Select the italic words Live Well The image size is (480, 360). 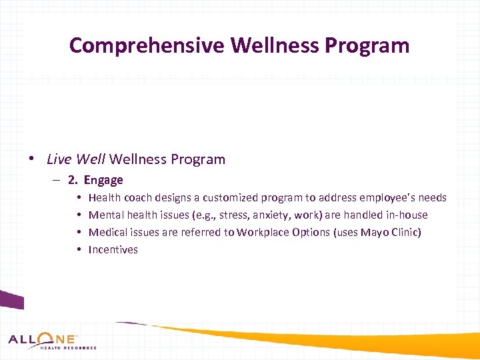coord(76,159)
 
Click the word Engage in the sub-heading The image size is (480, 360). coord(103,180)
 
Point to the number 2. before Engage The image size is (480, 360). coord(73,180)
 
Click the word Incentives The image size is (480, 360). coord(113,250)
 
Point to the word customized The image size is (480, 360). coord(232,197)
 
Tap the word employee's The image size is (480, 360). coord(387,197)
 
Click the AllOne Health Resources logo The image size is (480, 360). coord(52,341)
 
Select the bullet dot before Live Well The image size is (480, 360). coord(31,159)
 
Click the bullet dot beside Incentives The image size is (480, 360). coord(79,250)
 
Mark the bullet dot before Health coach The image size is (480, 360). coord(79,197)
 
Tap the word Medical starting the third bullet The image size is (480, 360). coord(109,232)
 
